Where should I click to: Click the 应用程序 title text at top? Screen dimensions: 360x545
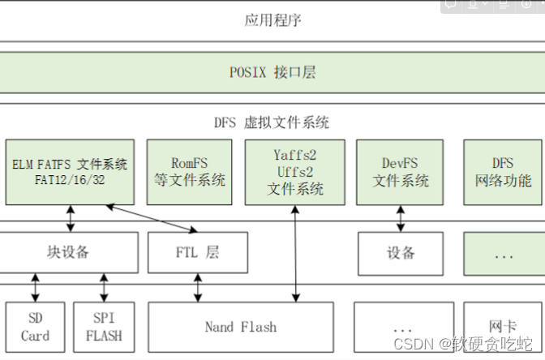click(x=272, y=20)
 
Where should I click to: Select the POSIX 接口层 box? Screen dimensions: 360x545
click(x=272, y=73)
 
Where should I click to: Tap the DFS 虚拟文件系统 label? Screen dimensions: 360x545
click(x=272, y=122)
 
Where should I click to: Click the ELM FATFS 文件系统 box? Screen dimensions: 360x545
click(x=70, y=172)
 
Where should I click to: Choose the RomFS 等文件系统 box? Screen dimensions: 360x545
click(x=189, y=172)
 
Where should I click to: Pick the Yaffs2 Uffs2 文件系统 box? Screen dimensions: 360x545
click(x=295, y=172)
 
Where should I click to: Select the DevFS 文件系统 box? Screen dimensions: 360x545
click(x=401, y=172)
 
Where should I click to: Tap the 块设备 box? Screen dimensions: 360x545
click(x=68, y=252)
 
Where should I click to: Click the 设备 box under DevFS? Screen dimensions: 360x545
click(x=401, y=252)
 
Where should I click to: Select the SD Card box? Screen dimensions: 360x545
click(x=35, y=328)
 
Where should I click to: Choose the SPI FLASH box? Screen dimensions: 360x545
click(x=104, y=328)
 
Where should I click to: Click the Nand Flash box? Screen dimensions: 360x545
click(x=240, y=328)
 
